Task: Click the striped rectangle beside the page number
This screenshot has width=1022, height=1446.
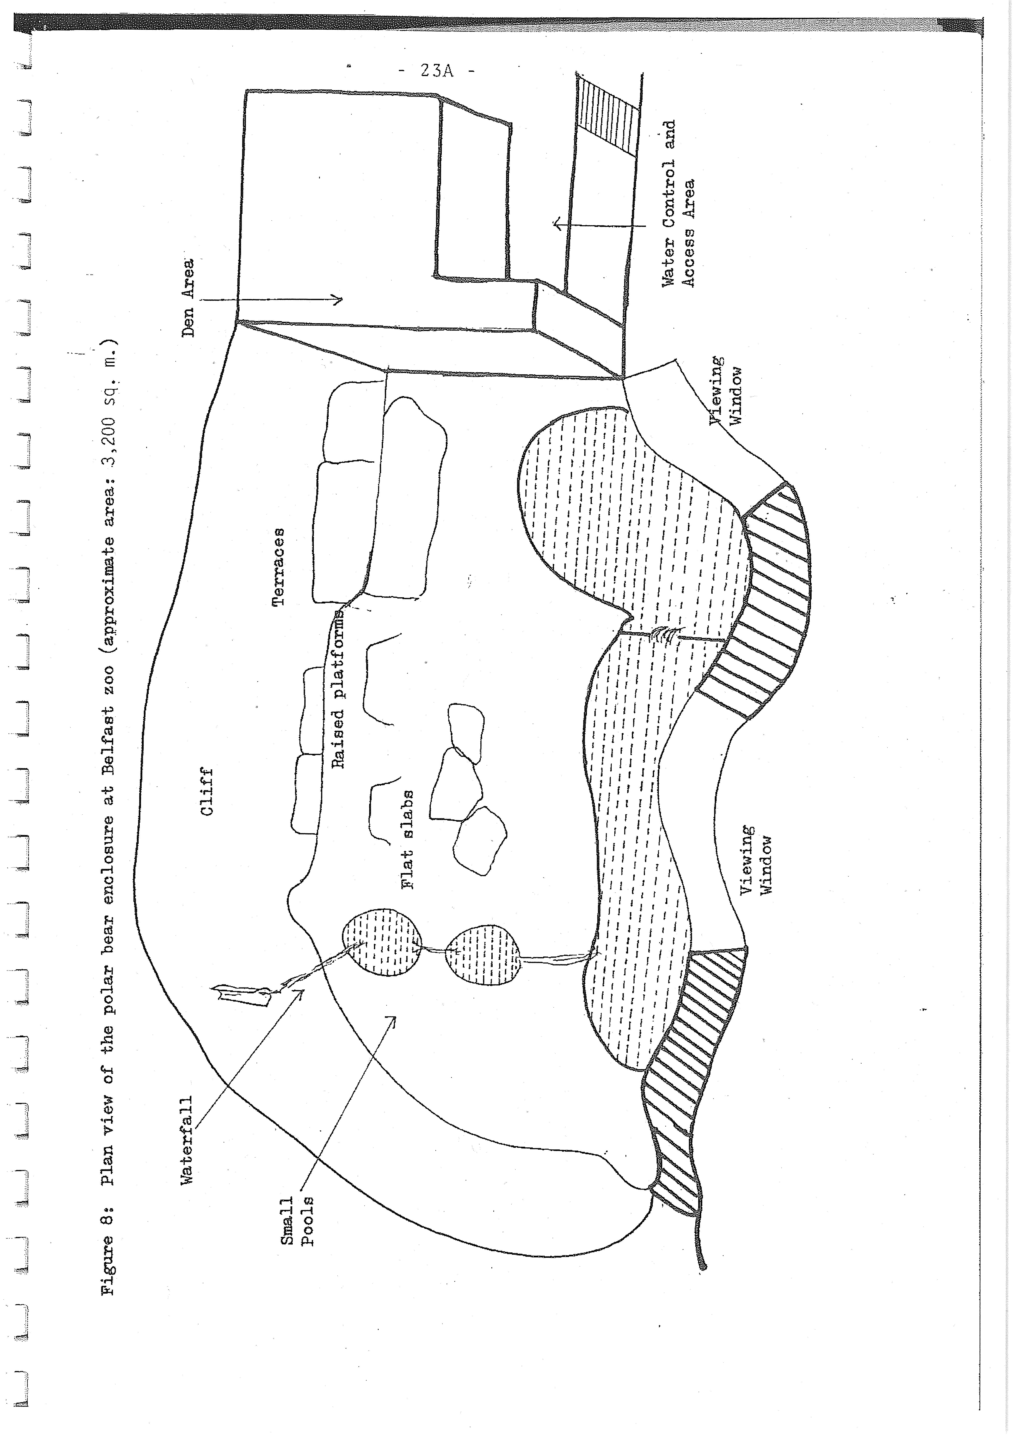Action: point(608,115)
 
